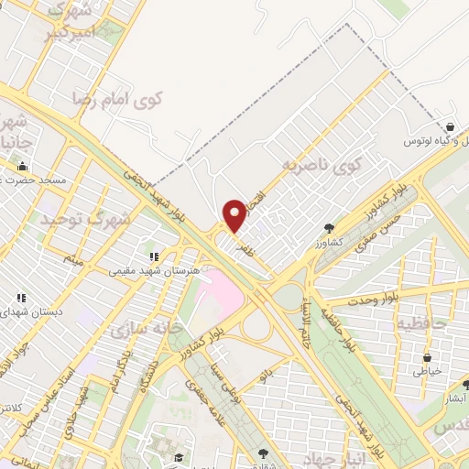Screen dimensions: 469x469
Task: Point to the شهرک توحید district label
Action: point(82,219)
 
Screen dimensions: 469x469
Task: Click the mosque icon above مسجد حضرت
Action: point(22,167)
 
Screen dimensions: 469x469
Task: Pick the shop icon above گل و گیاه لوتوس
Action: point(450,127)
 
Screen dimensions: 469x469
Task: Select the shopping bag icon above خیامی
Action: point(426,358)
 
